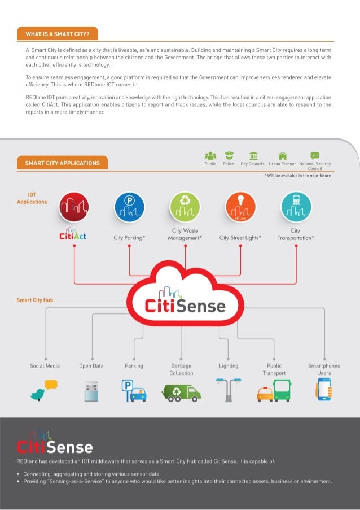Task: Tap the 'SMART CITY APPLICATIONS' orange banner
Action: click(x=63, y=163)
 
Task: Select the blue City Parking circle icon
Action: click(x=130, y=207)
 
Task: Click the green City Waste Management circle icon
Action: click(x=185, y=207)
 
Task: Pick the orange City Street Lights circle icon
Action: click(x=240, y=207)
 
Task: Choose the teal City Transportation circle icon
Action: click(x=295, y=207)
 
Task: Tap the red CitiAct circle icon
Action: click(x=74, y=207)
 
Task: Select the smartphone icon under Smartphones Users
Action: click(x=324, y=389)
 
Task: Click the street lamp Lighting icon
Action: click(x=228, y=389)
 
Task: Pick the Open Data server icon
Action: click(x=91, y=391)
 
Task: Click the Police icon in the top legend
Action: click(x=229, y=155)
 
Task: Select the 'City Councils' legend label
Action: click(x=252, y=164)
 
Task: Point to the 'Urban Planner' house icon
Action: click(x=282, y=155)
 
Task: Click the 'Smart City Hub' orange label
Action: click(x=35, y=300)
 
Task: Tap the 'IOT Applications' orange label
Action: click(x=32, y=198)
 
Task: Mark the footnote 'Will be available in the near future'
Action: click(x=297, y=176)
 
